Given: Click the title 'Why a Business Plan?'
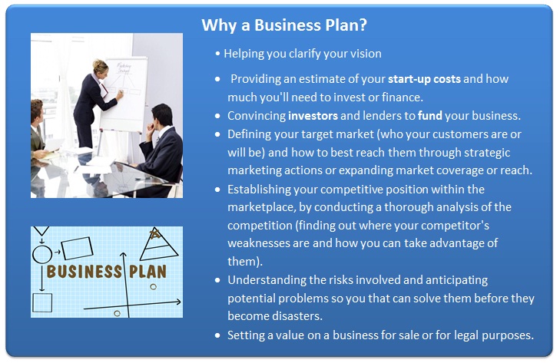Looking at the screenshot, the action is [x=284, y=25].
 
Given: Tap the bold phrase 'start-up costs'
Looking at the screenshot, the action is [x=424, y=79].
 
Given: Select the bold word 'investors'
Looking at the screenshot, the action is [x=313, y=116].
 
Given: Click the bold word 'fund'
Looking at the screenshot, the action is [x=430, y=116].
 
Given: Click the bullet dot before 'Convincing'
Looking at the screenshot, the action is [x=218, y=116].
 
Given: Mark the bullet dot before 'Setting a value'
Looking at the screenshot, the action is [x=218, y=335].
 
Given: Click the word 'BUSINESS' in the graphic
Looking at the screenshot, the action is [x=84, y=272].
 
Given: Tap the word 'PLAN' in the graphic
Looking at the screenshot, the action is [x=147, y=272].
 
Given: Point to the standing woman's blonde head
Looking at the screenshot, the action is [x=100, y=67].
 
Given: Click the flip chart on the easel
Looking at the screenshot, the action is [x=124, y=94].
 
